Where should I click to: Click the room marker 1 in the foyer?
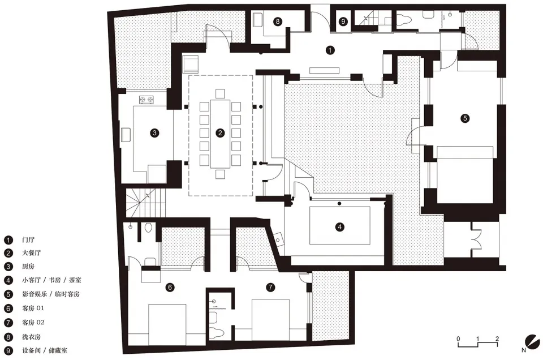click(x=330, y=50)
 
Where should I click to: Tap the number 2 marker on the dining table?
click(x=220, y=132)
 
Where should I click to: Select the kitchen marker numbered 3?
click(x=154, y=132)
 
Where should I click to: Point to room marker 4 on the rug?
click(x=340, y=227)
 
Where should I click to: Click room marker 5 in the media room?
click(x=465, y=118)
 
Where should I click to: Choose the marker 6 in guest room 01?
click(x=170, y=287)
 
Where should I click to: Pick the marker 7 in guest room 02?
click(x=270, y=287)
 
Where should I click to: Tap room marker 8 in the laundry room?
click(x=277, y=22)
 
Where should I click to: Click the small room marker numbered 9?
click(x=343, y=22)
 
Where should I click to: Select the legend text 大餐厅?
click(x=32, y=252)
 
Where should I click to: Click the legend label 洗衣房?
click(x=32, y=336)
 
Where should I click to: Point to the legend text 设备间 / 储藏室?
click(x=45, y=350)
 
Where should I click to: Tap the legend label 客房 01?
click(x=33, y=308)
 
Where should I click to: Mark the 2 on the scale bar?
click(x=497, y=338)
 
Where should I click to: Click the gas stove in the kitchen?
click(x=146, y=100)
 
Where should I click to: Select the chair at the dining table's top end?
click(x=220, y=93)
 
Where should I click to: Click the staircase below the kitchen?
click(x=145, y=203)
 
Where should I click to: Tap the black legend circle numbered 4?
click(x=8, y=280)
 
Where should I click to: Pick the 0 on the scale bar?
click(x=458, y=338)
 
